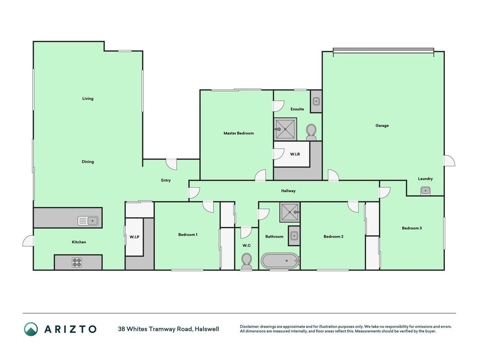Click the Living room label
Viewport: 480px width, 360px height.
click(x=88, y=99)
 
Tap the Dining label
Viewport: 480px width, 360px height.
click(x=88, y=162)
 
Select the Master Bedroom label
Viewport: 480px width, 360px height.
click(x=238, y=133)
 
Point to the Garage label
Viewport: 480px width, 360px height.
click(x=382, y=126)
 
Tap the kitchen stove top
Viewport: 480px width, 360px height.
click(x=77, y=262)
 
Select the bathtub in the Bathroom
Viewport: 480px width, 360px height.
click(x=280, y=261)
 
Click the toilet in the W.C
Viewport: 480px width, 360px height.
click(x=247, y=261)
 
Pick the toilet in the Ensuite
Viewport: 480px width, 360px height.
click(x=311, y=132)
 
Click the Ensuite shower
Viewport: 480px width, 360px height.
click(x=285, y=129)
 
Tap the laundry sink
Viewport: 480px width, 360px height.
click(x=426, y=191)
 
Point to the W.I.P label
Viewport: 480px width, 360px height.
click(x=135, y=237)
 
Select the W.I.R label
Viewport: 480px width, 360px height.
click(x=295, y=154)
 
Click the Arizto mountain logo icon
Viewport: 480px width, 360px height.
click(x=31, y=329)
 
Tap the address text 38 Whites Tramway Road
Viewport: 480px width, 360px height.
click(x=155, y=329)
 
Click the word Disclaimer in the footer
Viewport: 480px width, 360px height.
click(x=250, y=327)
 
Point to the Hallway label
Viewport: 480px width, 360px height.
click(x=288, y=191)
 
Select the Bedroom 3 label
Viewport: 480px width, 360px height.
click(x=412, y=228)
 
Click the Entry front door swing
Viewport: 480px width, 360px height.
click(x=172, y=164)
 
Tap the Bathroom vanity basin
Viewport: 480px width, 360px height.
click(x=294, y=236)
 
